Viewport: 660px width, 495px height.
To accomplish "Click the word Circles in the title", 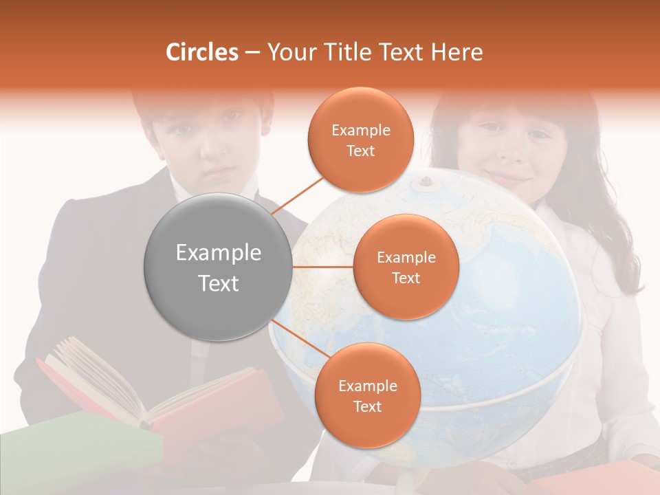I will tap(202, 52).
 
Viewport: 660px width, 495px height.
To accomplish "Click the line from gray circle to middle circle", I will tap(323, 267).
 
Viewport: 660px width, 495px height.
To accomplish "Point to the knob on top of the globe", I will tap(426, 182).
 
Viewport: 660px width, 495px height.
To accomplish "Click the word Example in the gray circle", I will tap(219, 253).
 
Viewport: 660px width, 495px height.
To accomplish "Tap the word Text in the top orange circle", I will tap(360, 151).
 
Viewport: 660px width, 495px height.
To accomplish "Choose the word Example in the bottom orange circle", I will tap(367, 386).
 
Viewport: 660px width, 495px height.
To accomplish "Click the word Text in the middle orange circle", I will tap(406, 278).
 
